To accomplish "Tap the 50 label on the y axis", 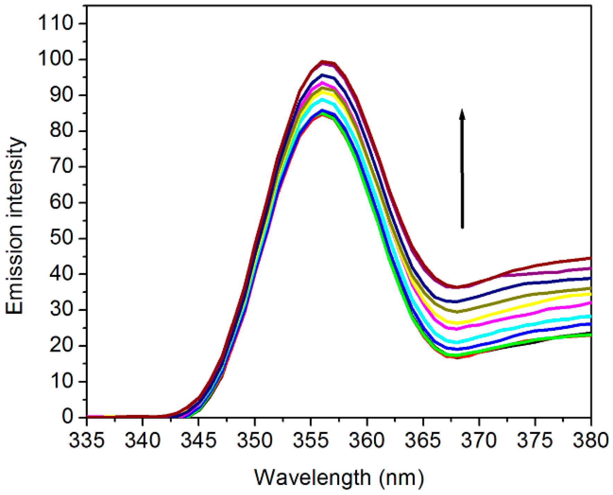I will coord(61,238).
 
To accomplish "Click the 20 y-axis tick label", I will coord(61,345).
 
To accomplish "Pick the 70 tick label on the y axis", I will coord(61,167).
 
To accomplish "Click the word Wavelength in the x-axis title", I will coord(313,478).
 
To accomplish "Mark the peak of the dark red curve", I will coord(322,62).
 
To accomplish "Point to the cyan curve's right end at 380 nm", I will coord(590,316).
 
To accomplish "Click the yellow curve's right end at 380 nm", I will coord(590,294).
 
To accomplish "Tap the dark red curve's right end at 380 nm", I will coord(590,258).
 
